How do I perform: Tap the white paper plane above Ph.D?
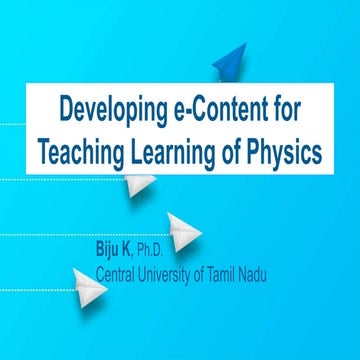coord(184,229)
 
